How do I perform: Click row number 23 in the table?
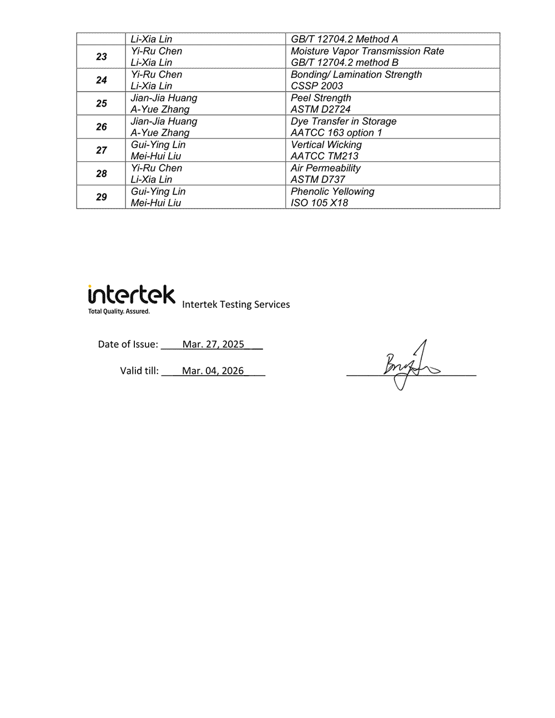[x=102, y=57]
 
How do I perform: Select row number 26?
[x=102, y=127]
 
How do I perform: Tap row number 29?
[x=102, y=197]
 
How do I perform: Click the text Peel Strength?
[x=321, y=98]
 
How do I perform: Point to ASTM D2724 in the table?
[x=321, y=109]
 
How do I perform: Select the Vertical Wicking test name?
[x=326, y=145]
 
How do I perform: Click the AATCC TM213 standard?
[x=325, y=156]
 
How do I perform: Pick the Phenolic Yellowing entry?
[x=332, y=191]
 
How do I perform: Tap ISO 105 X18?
[x=320, y=203]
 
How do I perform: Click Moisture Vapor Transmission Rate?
[x=367, y=51]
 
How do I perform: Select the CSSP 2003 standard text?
[x=317, y=86]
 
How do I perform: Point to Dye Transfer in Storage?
[x=344, y=121]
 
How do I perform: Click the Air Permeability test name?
[x=326, y=168]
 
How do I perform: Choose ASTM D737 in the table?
[x=318, y=179]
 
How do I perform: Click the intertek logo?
[x=132, y=295]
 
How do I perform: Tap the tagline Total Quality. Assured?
[x=119, y=311]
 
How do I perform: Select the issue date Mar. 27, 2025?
[x=213, y=345]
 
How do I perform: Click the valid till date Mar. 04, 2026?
[x=213, y=371]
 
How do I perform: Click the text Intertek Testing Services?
[x=236, y=304]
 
